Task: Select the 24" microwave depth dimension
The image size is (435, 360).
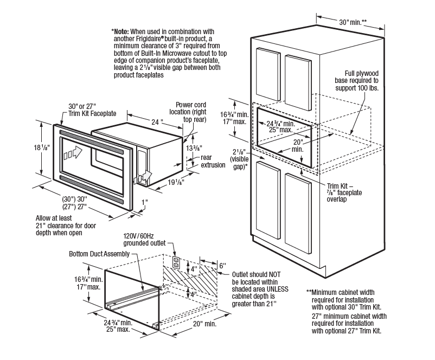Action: pos(158,122)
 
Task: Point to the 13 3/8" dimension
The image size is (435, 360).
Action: pos(192,148)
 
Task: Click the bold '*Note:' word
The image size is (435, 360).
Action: pos(121,31)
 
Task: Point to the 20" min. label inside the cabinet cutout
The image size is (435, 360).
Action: pos(298,146)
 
